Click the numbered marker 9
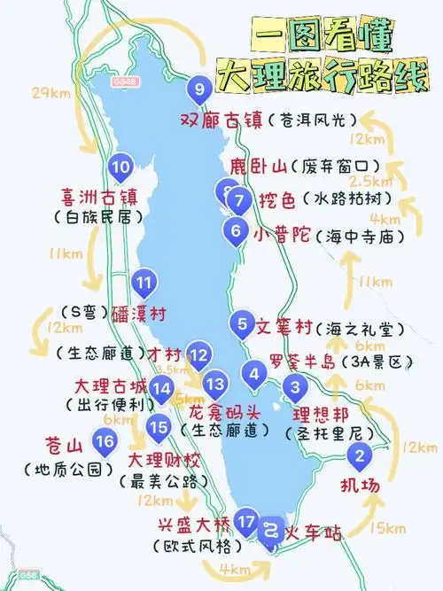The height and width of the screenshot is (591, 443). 198,88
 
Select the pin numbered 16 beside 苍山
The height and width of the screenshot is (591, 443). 105,441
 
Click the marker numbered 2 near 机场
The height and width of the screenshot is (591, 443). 359,457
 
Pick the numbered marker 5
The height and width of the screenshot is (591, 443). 242,325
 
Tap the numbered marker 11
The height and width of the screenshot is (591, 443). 144,284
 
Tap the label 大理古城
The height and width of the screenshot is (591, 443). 109,387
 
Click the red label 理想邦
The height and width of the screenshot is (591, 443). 315,414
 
